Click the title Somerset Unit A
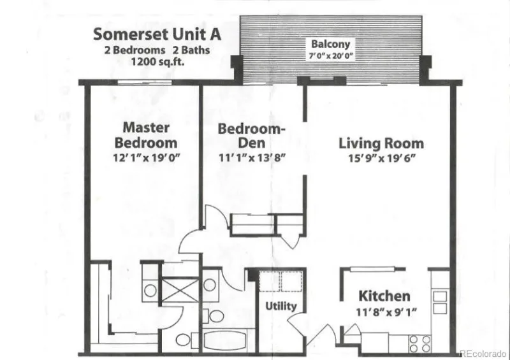tap(157, 34)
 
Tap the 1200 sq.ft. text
tap(157, 61)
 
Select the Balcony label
tap(330, 44)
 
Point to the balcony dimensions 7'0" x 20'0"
tap(331, 55)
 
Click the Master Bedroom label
tap(146, 135)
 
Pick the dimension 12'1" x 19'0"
tap(147, 158)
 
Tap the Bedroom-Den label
tap(251, 136)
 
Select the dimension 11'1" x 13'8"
tap(252, 158)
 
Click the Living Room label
tap(381, 143)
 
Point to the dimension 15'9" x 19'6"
tap(382, 158)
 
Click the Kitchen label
tap(384, 296)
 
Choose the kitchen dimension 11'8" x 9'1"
tap(386, 312)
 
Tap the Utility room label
tap(281, 306)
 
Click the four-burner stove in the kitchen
tap(420, 343)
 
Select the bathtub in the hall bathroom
tap(224, 341)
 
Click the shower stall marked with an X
tap(180, 290)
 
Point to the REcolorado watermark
tap(483, 353)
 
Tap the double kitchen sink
tap(440, 303)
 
